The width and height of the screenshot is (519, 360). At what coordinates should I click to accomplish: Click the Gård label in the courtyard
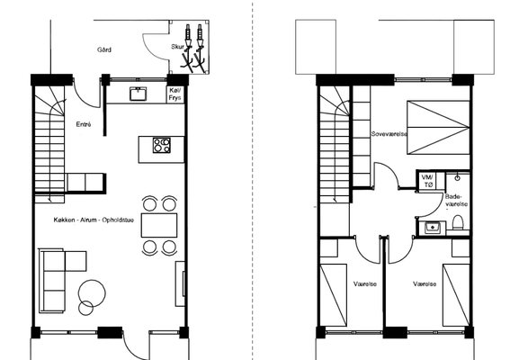click(x=104, y=49)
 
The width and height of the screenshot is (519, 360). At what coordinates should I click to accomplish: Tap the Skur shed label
click(x=177, y=47)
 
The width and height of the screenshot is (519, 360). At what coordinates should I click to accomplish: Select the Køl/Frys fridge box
click(x=175, y=94)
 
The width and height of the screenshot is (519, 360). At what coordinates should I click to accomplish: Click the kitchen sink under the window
click(x=138, y=94)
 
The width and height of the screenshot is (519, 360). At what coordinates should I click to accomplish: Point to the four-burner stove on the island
click(x=162, y=146)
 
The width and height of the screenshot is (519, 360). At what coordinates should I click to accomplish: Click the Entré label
click(x=84, y=124)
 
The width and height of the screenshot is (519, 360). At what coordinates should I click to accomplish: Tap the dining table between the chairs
click(x=159, y=225)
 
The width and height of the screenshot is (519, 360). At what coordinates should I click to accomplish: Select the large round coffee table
click(x=93, y=293)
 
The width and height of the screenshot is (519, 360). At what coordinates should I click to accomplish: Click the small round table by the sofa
click(x=86, y=308)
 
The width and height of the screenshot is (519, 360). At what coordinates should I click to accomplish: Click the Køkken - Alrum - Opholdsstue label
click(x=94, y=220)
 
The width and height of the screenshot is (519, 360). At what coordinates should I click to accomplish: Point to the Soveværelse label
click(x=389, y=134)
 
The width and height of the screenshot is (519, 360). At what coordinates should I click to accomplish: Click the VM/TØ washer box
click(x=428, y=181)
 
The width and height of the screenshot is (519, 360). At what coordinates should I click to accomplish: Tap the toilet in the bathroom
click(x=458, y=222)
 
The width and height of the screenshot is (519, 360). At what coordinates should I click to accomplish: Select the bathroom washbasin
click(x=433, y=228)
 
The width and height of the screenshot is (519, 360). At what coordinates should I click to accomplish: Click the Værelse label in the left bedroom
click(x=365, y=283)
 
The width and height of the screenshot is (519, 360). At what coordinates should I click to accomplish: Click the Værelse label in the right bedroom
click(x=425, y=283)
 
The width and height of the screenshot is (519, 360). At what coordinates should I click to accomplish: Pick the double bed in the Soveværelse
click(x=438, y=128)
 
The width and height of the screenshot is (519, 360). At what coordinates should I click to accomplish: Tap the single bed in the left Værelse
click(x=334, y=295)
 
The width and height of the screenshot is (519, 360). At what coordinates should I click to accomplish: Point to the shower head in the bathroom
click(x=458, y=177)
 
